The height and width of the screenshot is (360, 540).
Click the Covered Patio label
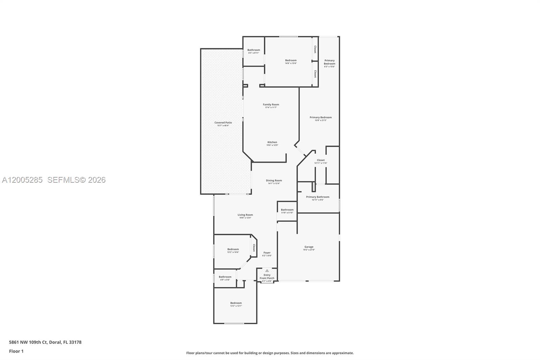tap(223, 124)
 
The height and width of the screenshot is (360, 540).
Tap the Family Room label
tap(271, 106)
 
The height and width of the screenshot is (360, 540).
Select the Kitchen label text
tap(272, 143)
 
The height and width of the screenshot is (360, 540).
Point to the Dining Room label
tap(274, 182)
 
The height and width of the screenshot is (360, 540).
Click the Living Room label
tap(245, 216)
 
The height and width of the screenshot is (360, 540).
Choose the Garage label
tap(309, 248)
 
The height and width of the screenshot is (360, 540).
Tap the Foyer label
tap(267, 254)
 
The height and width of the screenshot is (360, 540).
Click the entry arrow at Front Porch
tap(267, 271)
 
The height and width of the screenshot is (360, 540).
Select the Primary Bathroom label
tap(318, 198)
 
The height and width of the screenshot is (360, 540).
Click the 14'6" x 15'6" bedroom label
tap(291, 61)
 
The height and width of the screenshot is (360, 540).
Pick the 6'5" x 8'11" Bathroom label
tap(254, 51)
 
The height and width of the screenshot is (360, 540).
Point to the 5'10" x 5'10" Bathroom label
tap(287, 211)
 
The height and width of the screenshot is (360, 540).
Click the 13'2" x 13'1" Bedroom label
tap(236, 304)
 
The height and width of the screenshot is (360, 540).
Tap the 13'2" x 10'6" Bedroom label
tap(233, 250)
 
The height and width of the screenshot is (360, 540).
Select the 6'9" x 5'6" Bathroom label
tap(225, 278)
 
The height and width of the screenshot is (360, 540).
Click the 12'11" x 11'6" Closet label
tap(321, 161)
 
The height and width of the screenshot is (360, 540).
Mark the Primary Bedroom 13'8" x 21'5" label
tap(321, 119)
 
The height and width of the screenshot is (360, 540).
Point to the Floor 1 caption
tap(16, 351)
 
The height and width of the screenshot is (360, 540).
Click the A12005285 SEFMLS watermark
tap(54, 180)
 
